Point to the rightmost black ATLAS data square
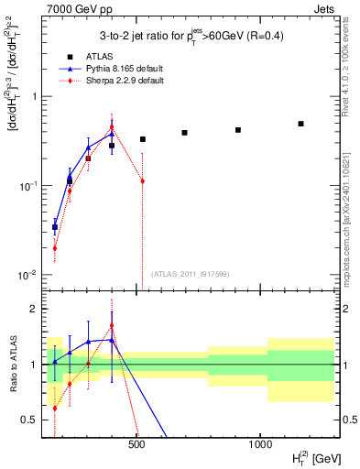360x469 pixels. coord(300,124)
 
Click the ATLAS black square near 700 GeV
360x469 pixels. coord(184,133)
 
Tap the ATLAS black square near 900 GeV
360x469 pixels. coord(238,130)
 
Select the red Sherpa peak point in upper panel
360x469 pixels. coord(112,127)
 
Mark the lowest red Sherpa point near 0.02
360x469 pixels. coord(55,247)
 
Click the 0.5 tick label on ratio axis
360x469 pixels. coord(29,420)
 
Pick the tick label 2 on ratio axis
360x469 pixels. coord(34,309)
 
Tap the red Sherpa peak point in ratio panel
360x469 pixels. coord(112,325)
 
